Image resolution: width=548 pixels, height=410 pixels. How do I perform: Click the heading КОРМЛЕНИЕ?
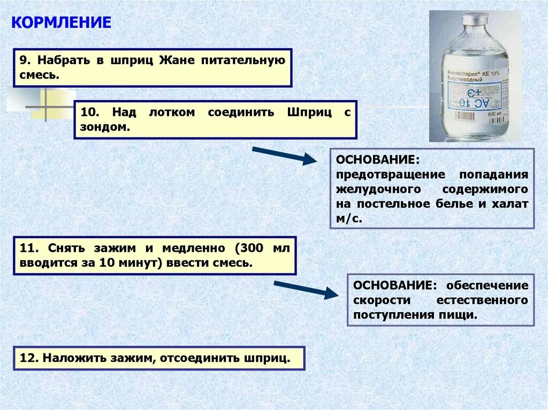62,22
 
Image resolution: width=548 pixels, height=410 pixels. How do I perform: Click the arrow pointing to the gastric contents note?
284,156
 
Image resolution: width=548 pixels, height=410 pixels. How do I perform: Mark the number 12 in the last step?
26,358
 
